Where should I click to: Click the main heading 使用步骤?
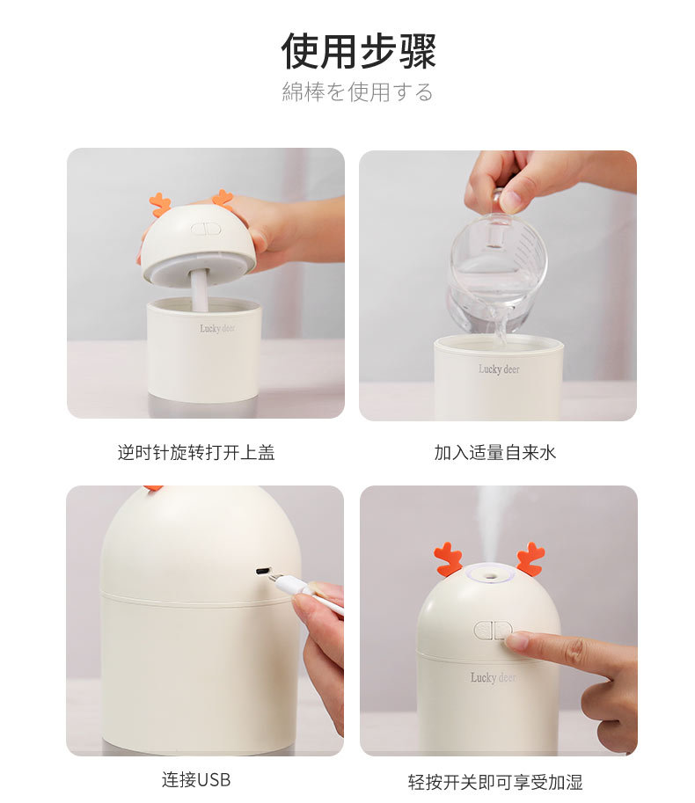pyautogui.click(x=358, y=51)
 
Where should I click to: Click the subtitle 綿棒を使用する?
pyautogui.click(x=357, y=91)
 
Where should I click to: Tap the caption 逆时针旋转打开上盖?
pyautogui.click(x=196, y=452)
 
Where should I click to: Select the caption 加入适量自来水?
pyautogui.click(x=495, y=452)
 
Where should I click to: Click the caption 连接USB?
pyautogui.click(x=196, y=779)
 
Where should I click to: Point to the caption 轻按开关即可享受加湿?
pyautogui.click(x=495, y=781)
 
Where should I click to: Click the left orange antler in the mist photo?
pyautogui.click(x=448, y=559)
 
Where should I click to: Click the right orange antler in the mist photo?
pyautogui.click(x=530, y=558)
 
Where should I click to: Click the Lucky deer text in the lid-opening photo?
pyautogui.click(x=216, y=328)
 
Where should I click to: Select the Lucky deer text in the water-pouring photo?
pyautogui.click(x=499, y=369)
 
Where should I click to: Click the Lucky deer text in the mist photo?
pyautogui.click(x=492, y=677)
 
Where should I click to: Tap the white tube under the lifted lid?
pyautogui.click(x=200, y=291)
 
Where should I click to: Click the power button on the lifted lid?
pyautogui.click(x=203, y=229)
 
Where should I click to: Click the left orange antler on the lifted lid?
pyautogui.click(x=160, y=205)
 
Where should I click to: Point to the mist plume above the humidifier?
pyautogui.click(x=490, y=519)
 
